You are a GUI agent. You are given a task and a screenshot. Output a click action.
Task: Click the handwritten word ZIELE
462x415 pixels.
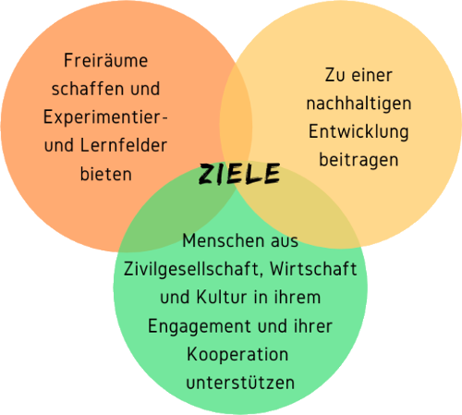point(239,174)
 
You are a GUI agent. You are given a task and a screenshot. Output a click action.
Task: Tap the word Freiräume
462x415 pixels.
point(105,60)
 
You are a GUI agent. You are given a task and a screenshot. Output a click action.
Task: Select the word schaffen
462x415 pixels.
point(88,89)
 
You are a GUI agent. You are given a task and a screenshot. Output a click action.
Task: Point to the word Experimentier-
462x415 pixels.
point(105,117)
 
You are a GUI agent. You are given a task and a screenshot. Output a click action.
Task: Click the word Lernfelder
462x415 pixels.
point(124,145)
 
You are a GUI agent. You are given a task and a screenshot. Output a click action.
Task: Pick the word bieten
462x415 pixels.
point(106,174)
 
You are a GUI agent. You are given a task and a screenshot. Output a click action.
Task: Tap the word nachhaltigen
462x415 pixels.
point(359,104)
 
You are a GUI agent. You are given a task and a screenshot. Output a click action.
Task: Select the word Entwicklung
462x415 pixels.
point(359,132)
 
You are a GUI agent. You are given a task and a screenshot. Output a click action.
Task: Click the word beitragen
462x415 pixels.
point(359,161)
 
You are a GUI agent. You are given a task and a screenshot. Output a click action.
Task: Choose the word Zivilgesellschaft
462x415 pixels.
point(193,269)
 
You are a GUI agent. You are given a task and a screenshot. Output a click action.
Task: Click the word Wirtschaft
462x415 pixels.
point(313,269)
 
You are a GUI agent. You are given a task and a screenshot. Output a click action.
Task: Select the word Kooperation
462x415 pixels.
point(237,355)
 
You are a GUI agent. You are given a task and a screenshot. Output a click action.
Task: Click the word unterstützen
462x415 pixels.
point(240,383)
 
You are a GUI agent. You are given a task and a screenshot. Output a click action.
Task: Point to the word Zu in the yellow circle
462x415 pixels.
point(334,75)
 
